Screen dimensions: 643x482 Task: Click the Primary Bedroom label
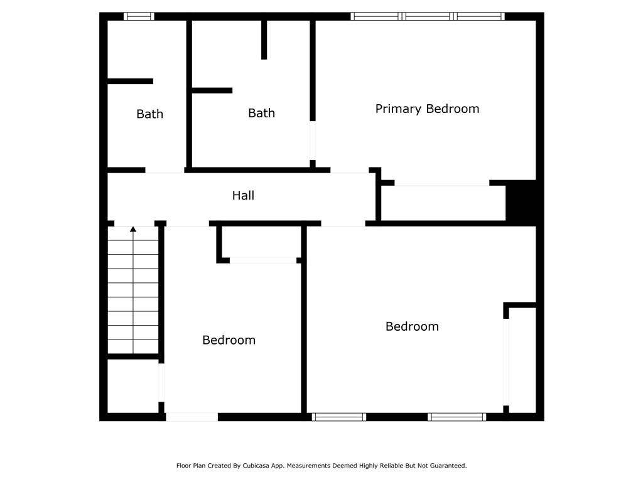click(x=427, y=109)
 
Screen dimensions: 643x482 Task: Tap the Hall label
click(x=243, y=195)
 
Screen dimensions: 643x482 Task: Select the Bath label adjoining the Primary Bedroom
click(x=262, y=113)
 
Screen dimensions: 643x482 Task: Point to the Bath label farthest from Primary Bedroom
click(x=149, y=114)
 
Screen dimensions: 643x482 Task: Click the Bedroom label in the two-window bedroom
click(x=412, y=326)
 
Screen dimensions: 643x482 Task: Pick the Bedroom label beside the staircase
click(x=229, y=340)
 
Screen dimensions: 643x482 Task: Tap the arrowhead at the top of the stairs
click(x=133, y=229)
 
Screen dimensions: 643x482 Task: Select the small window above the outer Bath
click(x=139, y=16)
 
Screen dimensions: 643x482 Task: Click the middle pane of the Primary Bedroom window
click(x=428, y=16)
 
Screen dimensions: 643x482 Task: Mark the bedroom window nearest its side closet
click(x=457, y=417)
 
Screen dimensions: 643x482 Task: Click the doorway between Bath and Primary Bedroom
click(x=313, y=141)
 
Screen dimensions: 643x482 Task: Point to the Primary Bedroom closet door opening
click(x=442, y=183)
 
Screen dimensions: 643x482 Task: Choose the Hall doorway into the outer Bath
click(x=165, y=170)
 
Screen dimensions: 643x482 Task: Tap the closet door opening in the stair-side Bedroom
click(x=263, y=260)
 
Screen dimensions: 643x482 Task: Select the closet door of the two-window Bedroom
click(x=506, y=362)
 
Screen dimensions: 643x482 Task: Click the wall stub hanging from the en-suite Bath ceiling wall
click(x=264, y=40)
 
